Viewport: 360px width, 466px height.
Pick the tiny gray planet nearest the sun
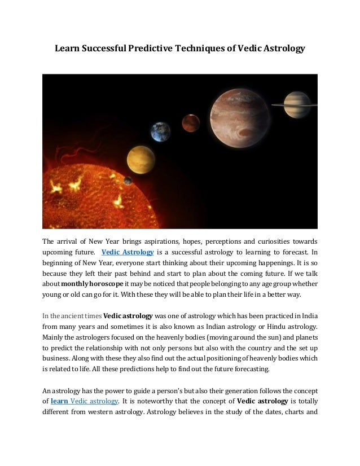coord(128,181)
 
